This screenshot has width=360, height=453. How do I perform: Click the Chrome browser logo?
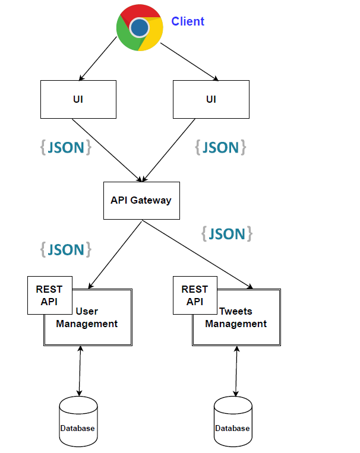click(x=140, y=28)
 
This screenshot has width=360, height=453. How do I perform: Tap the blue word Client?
click(x=188, y=21)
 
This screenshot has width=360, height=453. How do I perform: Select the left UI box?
click(x=78, y=99)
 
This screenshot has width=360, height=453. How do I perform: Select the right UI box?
click(x=211, y=99)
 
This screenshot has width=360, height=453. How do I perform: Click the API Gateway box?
click(x=142, y=201)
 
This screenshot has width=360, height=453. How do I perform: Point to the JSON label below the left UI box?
click(x=66, y=147)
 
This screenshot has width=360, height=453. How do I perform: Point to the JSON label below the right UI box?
click(x=220, y=147)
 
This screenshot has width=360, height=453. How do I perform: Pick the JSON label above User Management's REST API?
click(x=66, y=249)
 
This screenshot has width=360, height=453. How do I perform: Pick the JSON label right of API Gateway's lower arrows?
click(x=227, y=234)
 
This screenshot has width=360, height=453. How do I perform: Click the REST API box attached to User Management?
click(x=50, y=295)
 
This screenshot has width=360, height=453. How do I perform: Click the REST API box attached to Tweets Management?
click(x=195, y=295)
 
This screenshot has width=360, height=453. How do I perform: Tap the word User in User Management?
click(x=87, y=311)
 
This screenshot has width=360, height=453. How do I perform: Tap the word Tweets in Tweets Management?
click(x=236, y=311)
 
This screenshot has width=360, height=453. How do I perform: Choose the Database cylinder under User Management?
click(x=78, y=422)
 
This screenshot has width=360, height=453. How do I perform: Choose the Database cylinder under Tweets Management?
click(x=233, y=422)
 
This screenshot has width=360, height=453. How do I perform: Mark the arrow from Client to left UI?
click(x=98, y=59)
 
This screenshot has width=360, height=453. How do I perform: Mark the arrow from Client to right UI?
click(x=190, y=62)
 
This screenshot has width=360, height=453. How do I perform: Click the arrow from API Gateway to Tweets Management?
click(x=197, y=255)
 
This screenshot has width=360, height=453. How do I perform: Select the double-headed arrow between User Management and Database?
click(x=80, y=371)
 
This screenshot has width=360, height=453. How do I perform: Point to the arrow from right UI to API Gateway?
click(x=169, y=150)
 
